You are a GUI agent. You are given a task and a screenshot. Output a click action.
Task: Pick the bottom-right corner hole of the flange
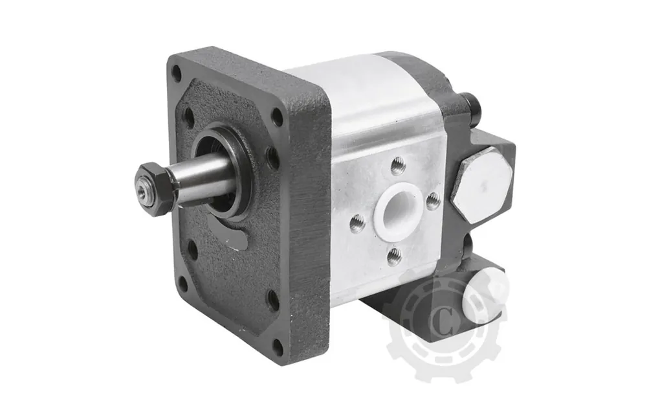278,346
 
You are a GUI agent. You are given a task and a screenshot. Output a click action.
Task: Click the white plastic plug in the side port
399,212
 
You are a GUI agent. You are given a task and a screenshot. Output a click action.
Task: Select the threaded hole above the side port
397,165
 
